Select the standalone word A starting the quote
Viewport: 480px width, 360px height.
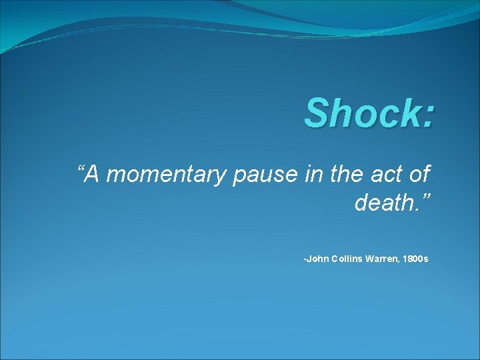(x=94, y=175)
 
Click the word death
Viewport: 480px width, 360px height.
(x=384, y=203)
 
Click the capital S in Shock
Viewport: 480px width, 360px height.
(x=316, y=113)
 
